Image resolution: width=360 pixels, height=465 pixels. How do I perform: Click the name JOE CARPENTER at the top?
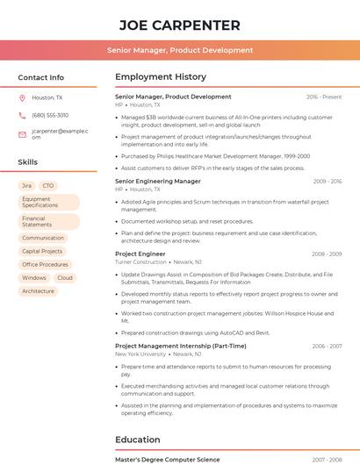point(180,25)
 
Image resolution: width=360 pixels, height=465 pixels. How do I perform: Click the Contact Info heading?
point(41,77)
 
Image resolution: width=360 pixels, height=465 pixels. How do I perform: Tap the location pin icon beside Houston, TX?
point(22,98)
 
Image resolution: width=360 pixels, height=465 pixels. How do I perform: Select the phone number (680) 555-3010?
point(50,115)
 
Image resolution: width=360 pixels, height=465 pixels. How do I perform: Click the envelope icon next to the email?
point(22,134)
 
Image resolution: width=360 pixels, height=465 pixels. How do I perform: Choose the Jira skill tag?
point(26,186)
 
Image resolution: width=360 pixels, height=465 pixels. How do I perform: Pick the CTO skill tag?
point(48,186)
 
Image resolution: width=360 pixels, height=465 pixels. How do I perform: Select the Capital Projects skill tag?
point(42,251)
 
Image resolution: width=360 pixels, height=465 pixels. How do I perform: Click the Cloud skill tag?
point(65,277)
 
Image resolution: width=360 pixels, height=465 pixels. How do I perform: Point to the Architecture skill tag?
point(38,290)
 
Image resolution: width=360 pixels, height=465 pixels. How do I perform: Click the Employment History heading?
point(161,77)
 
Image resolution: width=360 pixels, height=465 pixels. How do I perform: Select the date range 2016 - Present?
point(324,97)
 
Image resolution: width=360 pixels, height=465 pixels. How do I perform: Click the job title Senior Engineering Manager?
point(158,181)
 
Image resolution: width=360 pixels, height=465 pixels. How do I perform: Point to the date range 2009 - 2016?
point(327,182)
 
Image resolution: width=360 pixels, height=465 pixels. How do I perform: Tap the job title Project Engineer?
point(140,254)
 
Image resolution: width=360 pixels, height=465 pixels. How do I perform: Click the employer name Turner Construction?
point(140,261)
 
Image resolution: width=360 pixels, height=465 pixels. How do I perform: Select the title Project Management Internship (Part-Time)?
point(180,346)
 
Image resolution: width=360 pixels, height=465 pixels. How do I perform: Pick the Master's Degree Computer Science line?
point(168,459)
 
